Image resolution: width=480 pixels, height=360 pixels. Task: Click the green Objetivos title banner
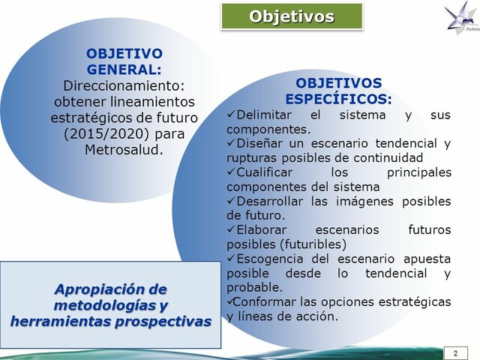click(292, 16)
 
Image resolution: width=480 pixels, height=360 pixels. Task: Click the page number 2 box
click(454, 352)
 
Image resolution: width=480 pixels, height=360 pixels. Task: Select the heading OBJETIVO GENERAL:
click(124, 61)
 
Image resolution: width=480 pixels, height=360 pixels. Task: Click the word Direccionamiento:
click(124, 85)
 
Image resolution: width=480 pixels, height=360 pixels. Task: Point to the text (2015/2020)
click(124, 133)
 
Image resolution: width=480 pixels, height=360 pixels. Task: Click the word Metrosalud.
click(124, 148)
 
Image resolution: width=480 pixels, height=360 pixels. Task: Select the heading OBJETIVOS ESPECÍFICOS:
click(338, 91)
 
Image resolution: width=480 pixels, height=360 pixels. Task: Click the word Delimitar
click(265, 115)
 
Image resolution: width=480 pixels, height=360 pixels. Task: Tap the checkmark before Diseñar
click(231, 143)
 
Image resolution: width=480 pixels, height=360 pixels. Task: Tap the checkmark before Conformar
click(230, 301)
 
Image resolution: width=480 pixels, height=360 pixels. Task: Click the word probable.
click(253, 287)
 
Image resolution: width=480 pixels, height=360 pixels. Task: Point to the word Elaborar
click(264, 229)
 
